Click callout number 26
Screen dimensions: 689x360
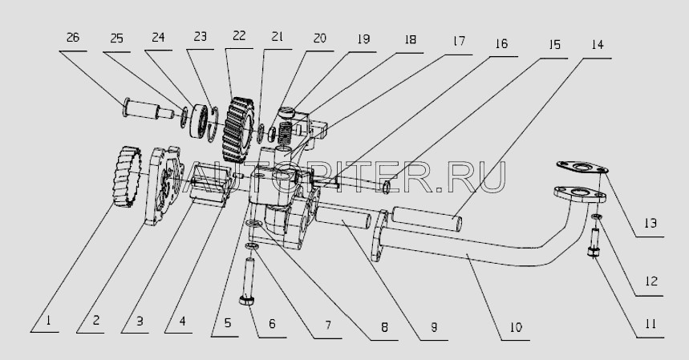73,38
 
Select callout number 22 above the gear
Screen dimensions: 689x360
240,36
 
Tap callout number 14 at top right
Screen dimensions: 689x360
598,44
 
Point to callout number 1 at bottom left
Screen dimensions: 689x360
48,321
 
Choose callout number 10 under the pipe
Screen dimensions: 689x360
516,327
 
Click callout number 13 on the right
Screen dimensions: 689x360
650,224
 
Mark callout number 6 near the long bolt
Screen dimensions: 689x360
272,325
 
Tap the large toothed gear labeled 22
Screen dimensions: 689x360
238,131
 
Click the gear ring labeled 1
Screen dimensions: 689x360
127,176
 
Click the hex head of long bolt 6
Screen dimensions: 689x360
247,301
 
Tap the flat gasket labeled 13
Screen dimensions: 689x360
582,168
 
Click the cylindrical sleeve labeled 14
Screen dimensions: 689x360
426,219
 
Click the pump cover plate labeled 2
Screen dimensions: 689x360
164,186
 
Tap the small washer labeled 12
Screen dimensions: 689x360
596,216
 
